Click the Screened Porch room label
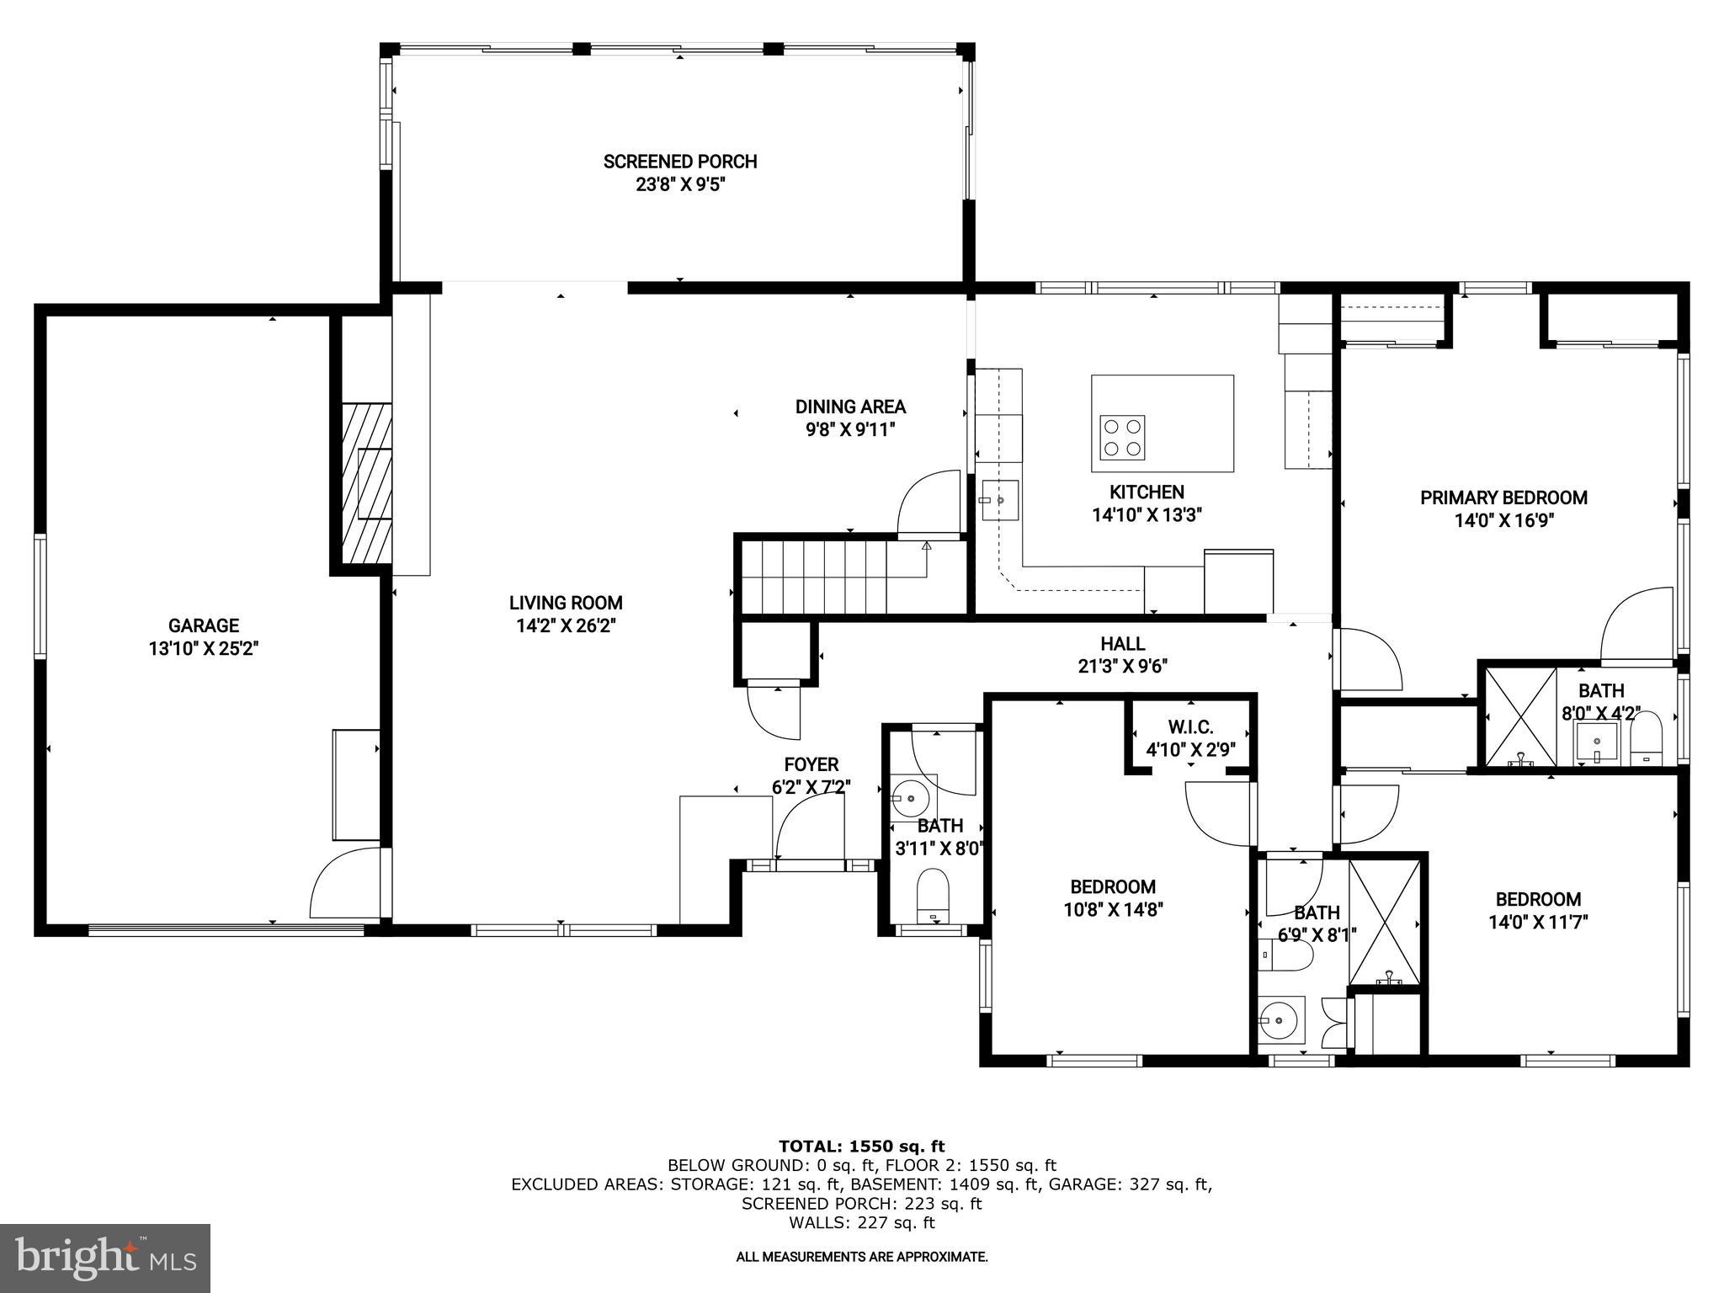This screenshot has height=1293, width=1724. coord(680,162)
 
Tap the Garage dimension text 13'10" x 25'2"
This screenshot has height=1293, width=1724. coord(203,649)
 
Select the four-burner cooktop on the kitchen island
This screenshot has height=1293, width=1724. coord(1123,438)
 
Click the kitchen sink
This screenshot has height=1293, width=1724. coord(999,500)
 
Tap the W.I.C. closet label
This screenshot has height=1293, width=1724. coord(1190,727)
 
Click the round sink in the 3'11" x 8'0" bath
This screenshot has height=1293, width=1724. coord(909,796)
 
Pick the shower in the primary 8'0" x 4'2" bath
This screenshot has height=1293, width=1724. coord(1520,716)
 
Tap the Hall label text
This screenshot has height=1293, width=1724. coord(1122,644)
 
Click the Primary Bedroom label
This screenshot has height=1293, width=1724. coord(1503,498)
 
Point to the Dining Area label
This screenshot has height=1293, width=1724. coord(850,407)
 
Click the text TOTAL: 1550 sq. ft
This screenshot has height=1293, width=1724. coord(861,1146)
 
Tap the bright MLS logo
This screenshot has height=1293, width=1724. coord(105,1258)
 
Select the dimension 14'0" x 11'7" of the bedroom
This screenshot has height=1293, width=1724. coord(1538,922)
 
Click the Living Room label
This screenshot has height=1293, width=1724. coord(566,603)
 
